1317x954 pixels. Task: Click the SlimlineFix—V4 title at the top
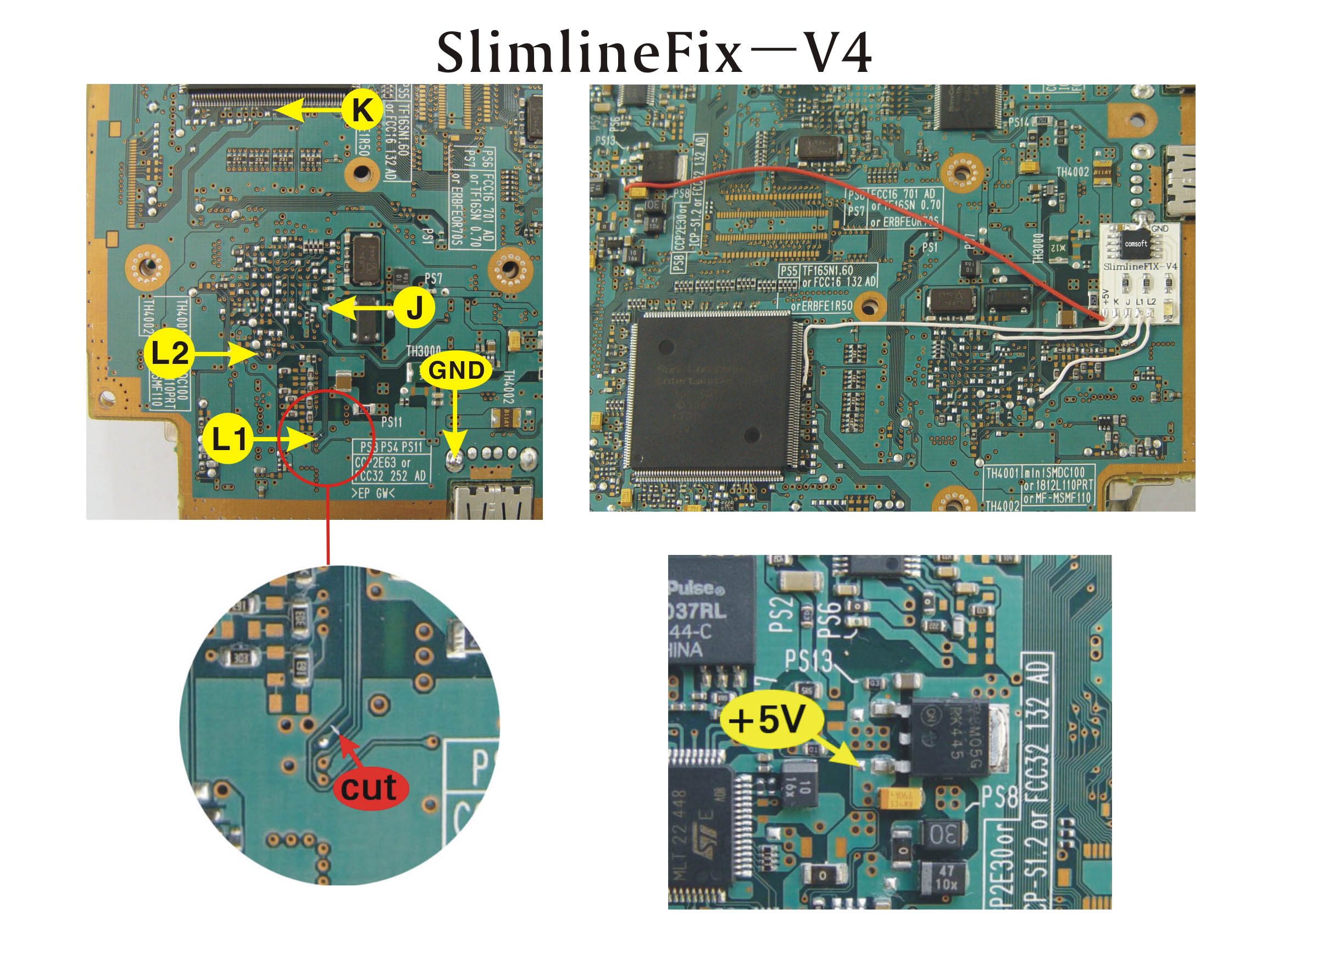[x=653, y=53]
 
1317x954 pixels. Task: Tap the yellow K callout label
[x=362, y=109]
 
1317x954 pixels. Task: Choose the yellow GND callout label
[x=456, y=370]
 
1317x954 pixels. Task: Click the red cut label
[x=370, y=788]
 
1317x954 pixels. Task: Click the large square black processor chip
[x=712, y=395]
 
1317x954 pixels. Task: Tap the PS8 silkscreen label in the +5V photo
[x=999, y=798]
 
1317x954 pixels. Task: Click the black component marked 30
[x=943, y=834]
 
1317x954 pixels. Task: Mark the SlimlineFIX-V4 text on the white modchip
[x=1140, y=266]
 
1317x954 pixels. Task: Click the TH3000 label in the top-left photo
[x=423, y=351]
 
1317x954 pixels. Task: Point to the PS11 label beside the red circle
[x=391, y=422]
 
